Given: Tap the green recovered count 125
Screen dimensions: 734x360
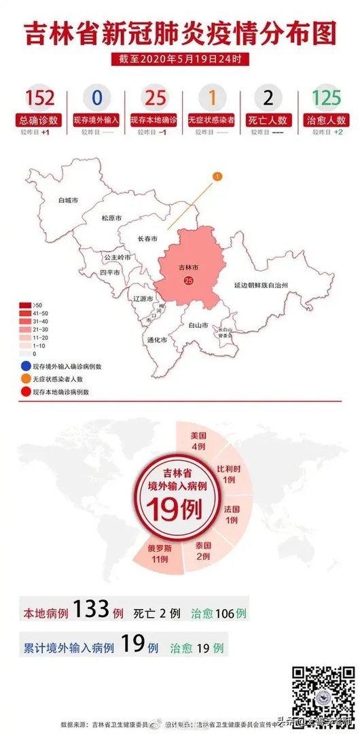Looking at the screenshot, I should pos(326,98).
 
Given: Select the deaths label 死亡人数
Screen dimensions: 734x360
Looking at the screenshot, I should pos(268,120).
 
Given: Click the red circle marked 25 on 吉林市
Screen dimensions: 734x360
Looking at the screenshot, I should pos(188,280).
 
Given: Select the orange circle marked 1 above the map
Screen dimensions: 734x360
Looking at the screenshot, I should pos(217,177).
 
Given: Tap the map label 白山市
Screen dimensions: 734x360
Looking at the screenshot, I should pos(198,325).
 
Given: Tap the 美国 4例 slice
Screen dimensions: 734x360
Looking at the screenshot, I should pos(198,441).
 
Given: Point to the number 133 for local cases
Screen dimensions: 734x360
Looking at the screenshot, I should pos(91,609).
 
